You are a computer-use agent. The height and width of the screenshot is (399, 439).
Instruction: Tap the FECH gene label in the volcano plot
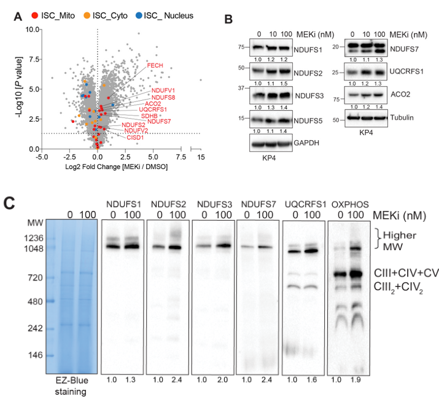[154, 65]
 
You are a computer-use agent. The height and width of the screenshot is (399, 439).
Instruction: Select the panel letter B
[228, 19]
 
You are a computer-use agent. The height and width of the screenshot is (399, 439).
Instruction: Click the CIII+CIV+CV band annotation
[406, 272]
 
